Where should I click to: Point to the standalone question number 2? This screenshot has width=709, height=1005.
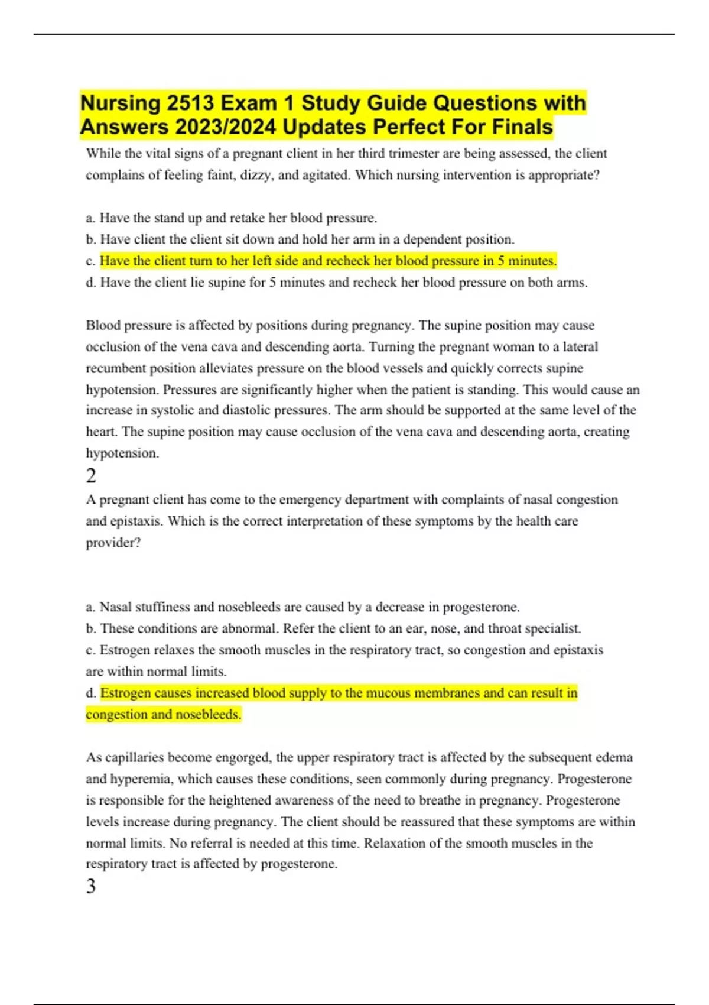pyautogui.click(x=91, y=476)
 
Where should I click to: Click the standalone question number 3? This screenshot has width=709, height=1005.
pyautogui.click(x=91, y=886)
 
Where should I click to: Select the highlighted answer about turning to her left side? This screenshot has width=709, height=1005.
pyautogui.click(x=328, y=261)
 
